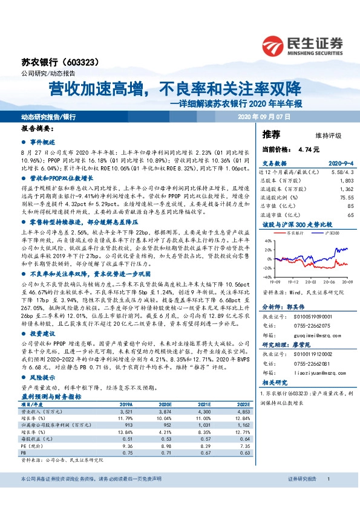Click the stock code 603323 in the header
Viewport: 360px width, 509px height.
[x=83, y=62]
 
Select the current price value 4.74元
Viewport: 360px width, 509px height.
[x=309, y=149]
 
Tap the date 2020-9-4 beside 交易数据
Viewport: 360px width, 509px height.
[x=340, y=163]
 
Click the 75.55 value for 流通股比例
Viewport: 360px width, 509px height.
[x=345, y=197]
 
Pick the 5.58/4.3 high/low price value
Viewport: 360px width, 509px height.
[x=341, y=172]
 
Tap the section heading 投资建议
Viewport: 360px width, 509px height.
[x=43, y=333]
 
